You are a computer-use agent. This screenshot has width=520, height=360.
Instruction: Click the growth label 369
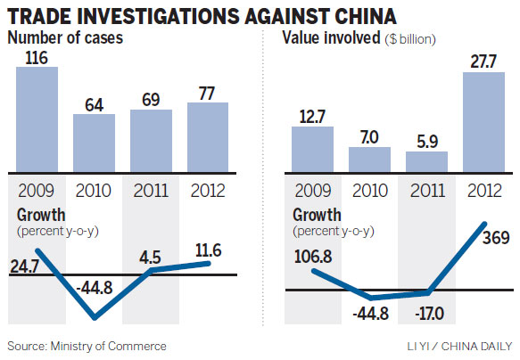[495, 240]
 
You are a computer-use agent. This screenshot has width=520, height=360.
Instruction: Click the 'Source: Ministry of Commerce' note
[87, 345]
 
